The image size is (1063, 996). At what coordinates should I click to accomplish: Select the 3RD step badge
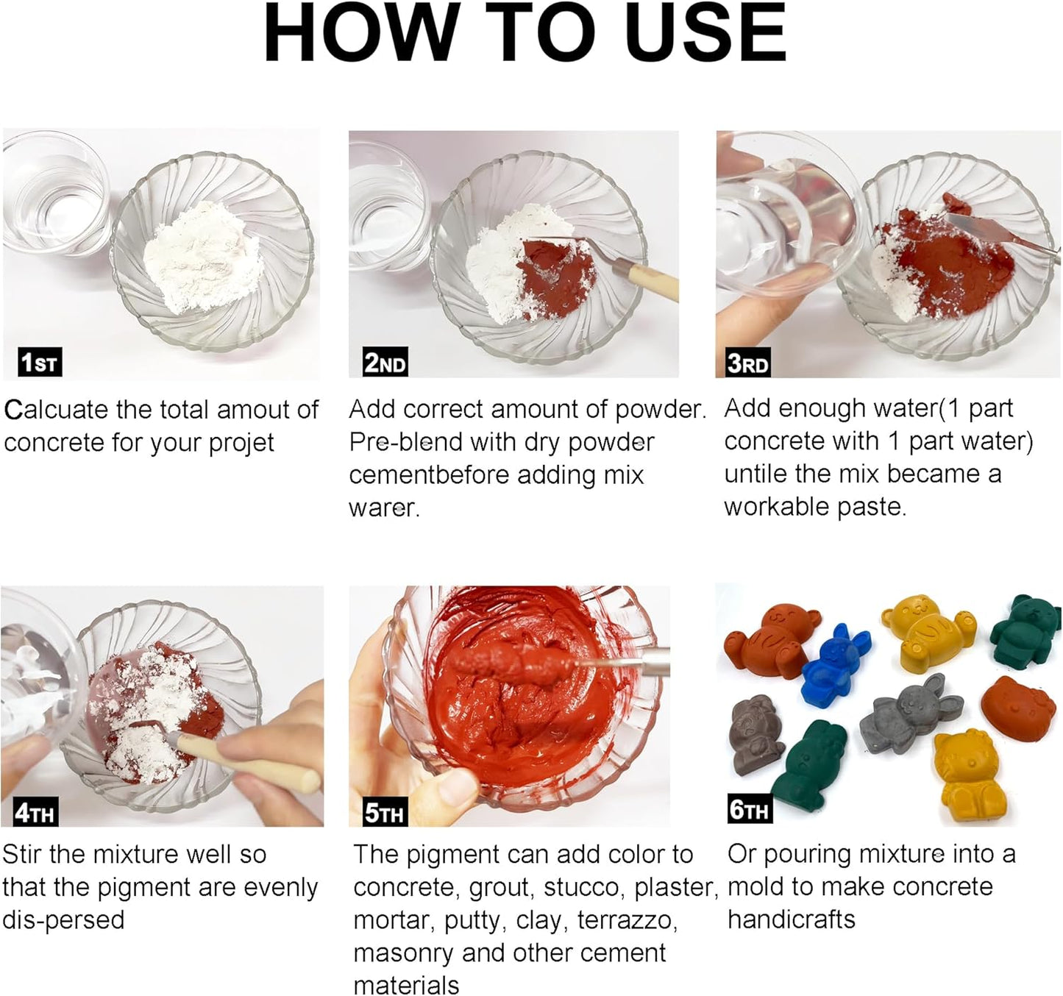pyautogui.click(x=747, y=363)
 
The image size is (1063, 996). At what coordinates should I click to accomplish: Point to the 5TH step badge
pyautogui.click(x=384, y=813)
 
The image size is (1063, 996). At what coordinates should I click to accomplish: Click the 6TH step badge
pyautogui.click(x=749, y=810)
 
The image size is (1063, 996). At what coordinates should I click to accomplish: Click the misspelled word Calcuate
pyautogui.click(x=57, y=410)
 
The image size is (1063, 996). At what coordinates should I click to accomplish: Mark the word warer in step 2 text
pyautogui.click(x=384, y=508)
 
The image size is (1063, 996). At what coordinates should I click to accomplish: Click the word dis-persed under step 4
pyautogui.click(x=63, y=920)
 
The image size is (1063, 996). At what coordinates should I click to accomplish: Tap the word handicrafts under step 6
pyautogui.click(x=792, y=919)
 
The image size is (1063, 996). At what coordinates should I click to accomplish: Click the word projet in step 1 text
pyautogui.click(x=241, y=443)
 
